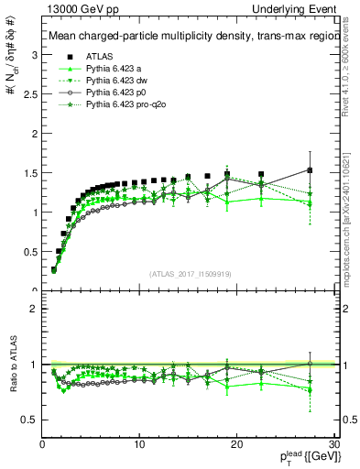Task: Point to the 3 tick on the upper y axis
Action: [34, 55]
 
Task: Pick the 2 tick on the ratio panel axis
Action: [34, 309]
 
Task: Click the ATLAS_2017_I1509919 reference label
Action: [189, 274]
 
